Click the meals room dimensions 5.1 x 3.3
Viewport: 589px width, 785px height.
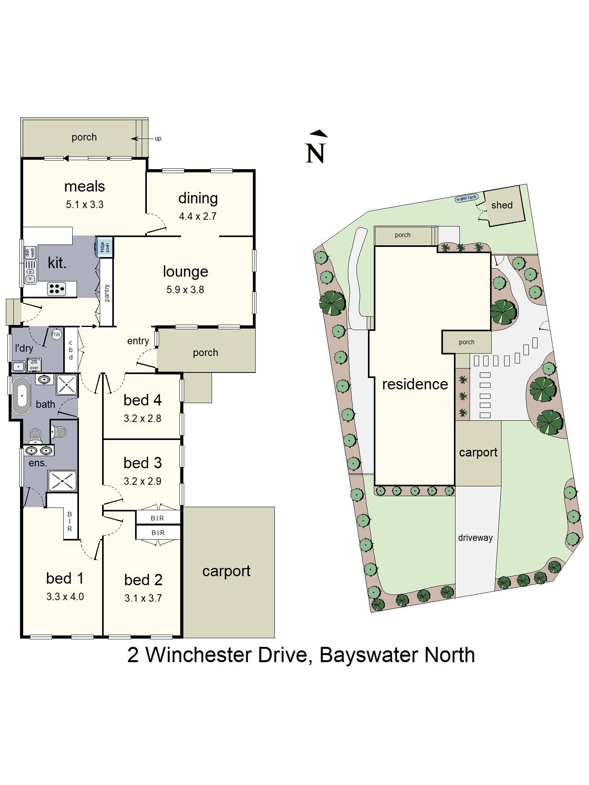coord(84,204)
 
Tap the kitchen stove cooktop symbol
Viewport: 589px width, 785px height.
coord(56,289)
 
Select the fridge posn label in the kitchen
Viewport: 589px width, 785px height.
coord(105,247)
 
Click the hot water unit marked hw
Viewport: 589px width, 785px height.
coord(57,334)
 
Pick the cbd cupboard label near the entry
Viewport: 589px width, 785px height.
coord(71,350)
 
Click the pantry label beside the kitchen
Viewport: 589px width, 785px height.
coord(107,293)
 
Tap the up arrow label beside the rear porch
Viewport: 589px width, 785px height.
coord(157,139)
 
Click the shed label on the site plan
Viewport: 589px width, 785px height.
coord(501,205)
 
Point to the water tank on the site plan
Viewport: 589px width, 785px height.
coord(466,199)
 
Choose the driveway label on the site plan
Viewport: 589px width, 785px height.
coord(475,538)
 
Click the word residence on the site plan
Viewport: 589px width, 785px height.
coord(415,384)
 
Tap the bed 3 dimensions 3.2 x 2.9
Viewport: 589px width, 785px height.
coord(142,481)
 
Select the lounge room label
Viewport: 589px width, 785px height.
coord(185,271)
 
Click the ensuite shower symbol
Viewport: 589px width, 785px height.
coord(62,481)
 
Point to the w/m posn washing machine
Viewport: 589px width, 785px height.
coord(34,365)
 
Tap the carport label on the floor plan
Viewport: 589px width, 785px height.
coord(226,571)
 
